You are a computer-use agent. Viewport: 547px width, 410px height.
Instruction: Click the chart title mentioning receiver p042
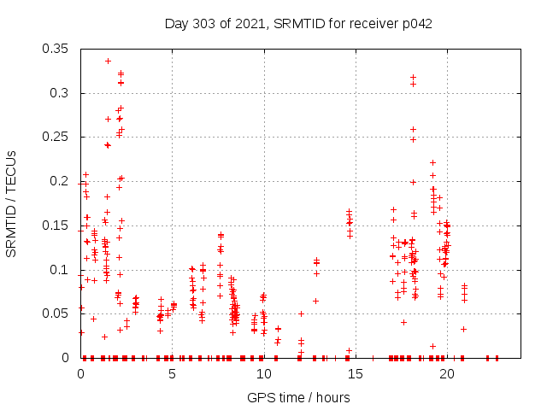click(x=298, y=23)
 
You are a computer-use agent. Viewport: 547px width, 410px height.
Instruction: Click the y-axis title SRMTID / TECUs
click(x=12, y=204)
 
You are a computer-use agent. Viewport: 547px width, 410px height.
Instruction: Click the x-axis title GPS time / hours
click(x=298, y=397)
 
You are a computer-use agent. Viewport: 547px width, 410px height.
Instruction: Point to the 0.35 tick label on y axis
click(x=57, y=49)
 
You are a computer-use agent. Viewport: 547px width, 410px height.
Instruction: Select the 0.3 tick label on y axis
click(x=61, y=93)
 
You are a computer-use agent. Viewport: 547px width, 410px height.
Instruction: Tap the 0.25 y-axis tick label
click(x=57, y=137)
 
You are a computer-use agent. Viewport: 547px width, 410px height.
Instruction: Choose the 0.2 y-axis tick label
click(x=61, y=181)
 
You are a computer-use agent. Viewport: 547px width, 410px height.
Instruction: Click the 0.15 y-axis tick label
click(x=57, y=225)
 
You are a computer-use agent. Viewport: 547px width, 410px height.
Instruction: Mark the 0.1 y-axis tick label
click(x=61, y=270)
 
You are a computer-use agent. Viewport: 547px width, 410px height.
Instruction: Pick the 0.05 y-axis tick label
click(x=57, y=313)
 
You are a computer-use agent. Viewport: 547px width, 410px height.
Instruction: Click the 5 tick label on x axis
click(x=173, y=373)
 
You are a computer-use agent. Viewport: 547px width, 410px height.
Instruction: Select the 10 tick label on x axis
click(x=264, y=373)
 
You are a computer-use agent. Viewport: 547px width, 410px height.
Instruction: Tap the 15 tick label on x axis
click(x=356, y=373)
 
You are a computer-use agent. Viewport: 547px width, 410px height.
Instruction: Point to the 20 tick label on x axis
click(x=447, y=373)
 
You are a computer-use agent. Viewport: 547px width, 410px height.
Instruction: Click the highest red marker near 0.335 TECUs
click(x=108, y=61)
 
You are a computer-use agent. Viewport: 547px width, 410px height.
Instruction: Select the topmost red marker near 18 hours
click(x=413, y=77)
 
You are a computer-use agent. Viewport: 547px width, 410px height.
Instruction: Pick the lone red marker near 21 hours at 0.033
click(x=463, y=329)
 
